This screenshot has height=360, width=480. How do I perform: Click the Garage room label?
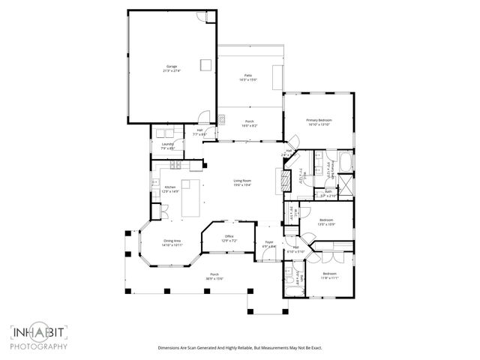pos(172,69)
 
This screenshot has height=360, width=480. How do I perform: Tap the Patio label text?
pos(247,77)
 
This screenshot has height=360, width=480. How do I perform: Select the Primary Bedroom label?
pos(319,122)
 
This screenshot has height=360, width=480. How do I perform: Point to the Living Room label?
pos(241,182)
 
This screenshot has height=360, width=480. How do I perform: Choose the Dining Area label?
pos(172,242)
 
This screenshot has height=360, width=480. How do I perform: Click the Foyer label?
pos(268,244)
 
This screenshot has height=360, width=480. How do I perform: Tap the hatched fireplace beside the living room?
pos(284,180)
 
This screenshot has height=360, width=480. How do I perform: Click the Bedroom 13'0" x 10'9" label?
pos(326,222)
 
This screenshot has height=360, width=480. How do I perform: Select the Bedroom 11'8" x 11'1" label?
pos(330,275)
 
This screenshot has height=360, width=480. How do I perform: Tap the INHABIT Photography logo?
pos(39,337)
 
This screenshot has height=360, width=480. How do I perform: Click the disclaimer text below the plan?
pos(239,348)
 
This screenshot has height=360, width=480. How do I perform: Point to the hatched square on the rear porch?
pos(223,118)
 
